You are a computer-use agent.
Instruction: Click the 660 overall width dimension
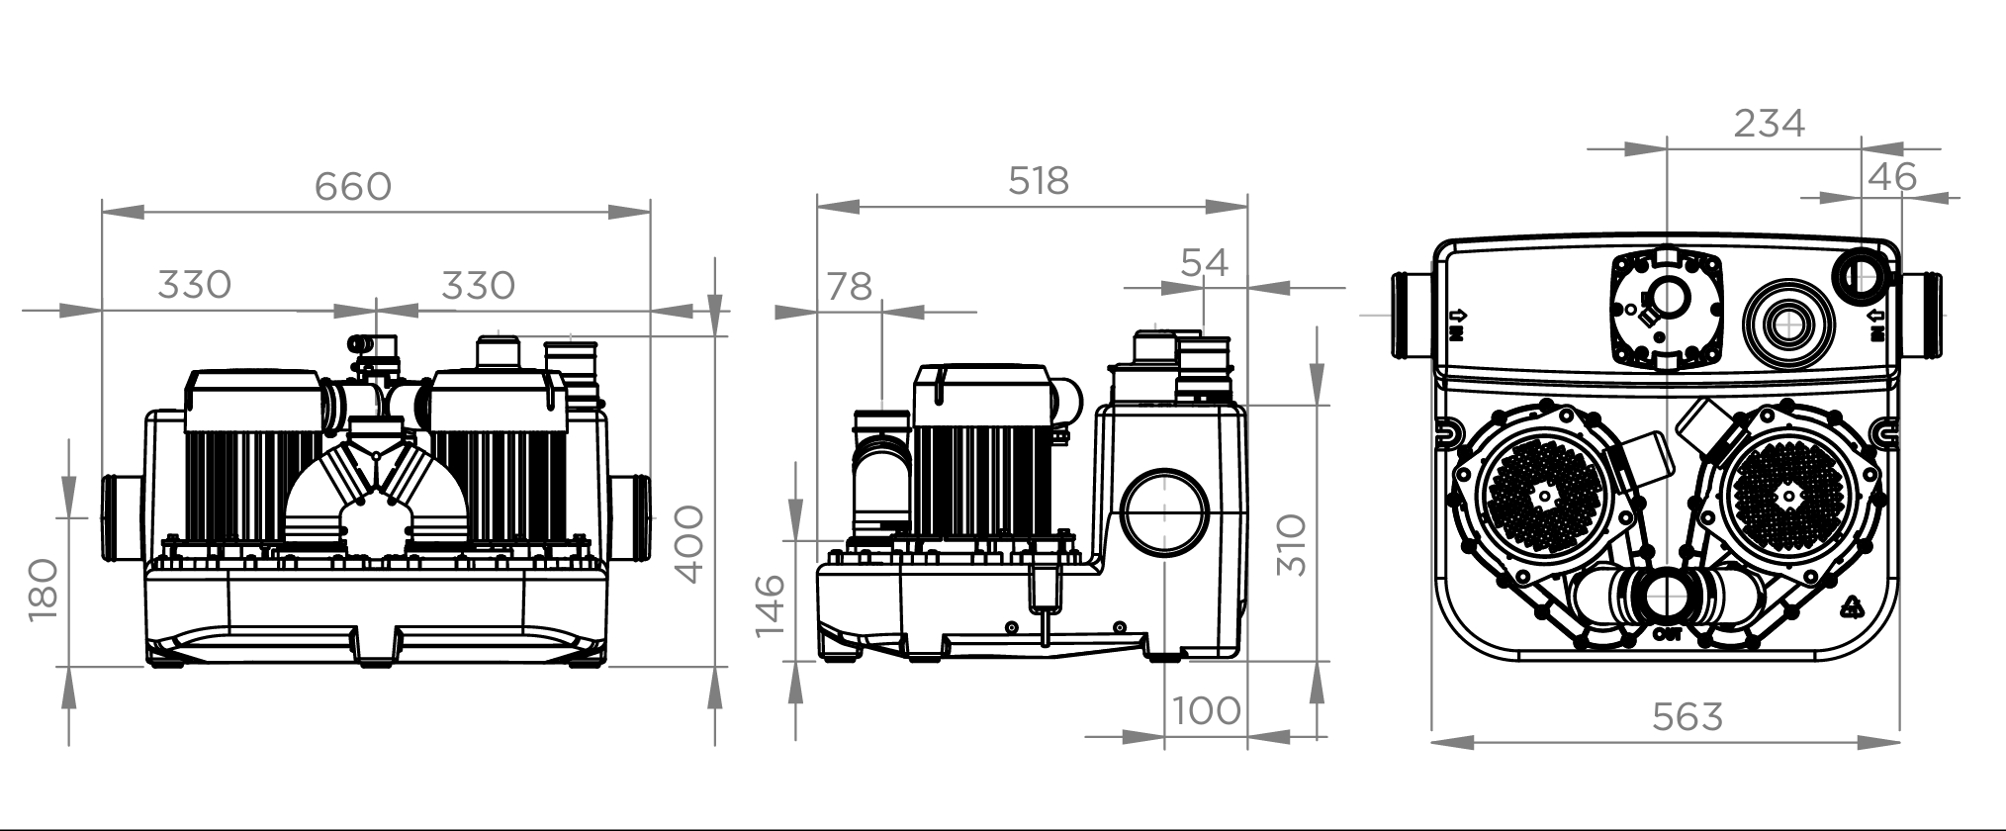[x=353, y=186]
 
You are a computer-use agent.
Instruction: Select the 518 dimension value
[x=1039, y=181]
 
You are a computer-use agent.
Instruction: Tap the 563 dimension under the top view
[x=1687, y=716]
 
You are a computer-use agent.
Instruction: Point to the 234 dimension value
[x=1770, y=123]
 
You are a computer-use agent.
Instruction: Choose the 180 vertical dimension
[x=43, y=590]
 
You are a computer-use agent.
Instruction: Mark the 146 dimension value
[x=769, y=605]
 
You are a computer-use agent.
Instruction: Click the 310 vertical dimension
[x=1292, y=545]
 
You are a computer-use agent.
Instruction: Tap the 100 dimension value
[x=1207, y=710]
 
